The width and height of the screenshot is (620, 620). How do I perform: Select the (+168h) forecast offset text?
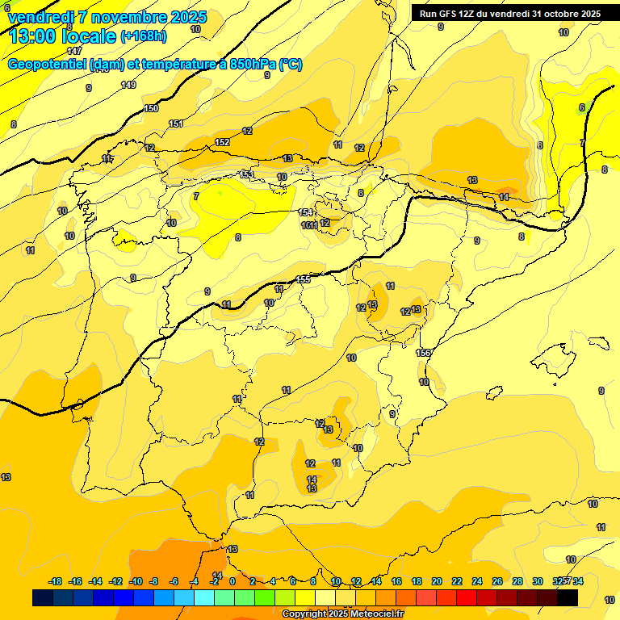[x=144, y=36]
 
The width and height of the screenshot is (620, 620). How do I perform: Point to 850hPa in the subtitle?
[x=253, y=65]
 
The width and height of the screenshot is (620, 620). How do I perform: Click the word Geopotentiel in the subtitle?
[x=48, y=65]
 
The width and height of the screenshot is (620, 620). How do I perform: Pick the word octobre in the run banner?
[x=564, y=14]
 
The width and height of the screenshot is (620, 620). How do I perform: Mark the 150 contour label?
[x=151, y=108]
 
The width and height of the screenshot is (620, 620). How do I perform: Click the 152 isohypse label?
[x=223, y=142]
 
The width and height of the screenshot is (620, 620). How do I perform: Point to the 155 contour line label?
[x=303, y=279]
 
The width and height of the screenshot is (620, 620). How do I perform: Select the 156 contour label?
[x=423, y=353]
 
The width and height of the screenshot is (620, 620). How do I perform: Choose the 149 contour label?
[x=128, y=85]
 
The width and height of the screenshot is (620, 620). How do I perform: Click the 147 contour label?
[x=74, y=51]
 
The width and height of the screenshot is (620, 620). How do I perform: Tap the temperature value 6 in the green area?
[x=581, y=107]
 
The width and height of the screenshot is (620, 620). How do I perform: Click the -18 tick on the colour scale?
[x=56, y=581]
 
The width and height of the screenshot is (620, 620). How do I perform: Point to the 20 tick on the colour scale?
[x=437, y=581]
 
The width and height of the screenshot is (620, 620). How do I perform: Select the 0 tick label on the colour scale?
[x=232, y=581]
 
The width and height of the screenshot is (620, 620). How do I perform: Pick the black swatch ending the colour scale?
[x=568, y=597]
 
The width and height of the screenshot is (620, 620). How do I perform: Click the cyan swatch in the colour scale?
[x=204, y=597]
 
